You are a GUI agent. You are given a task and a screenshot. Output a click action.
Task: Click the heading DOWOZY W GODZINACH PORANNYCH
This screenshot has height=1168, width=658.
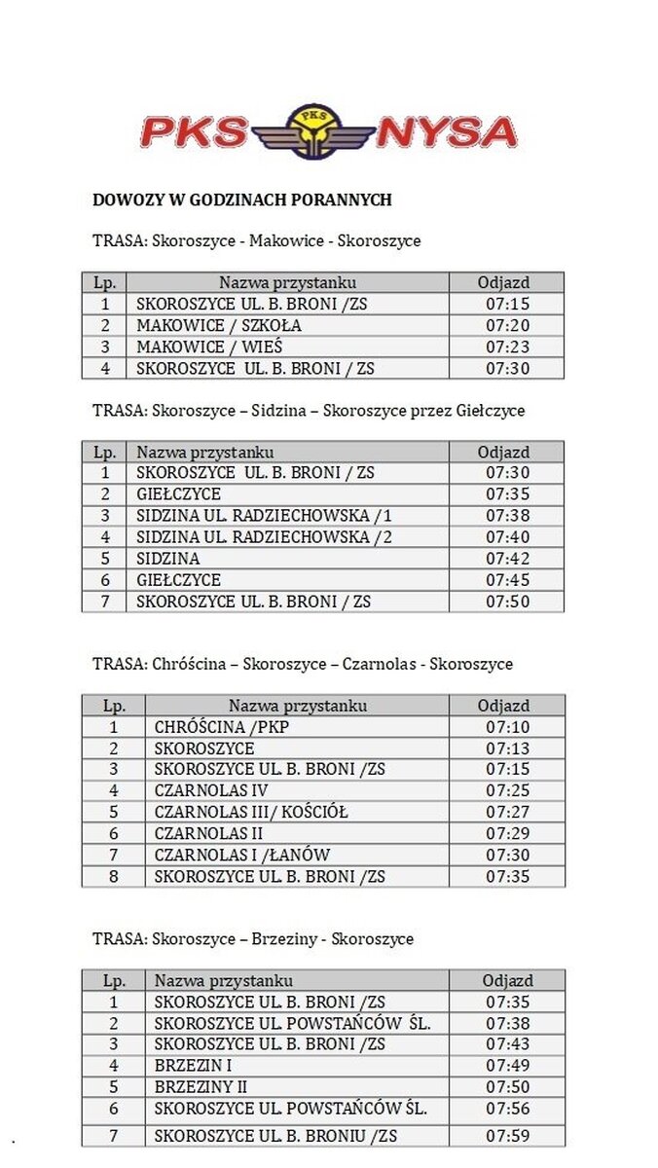[241, 201]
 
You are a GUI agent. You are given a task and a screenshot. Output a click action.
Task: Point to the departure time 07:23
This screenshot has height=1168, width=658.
[506, 347]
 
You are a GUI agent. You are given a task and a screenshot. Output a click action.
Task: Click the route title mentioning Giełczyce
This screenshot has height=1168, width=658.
[309, 411]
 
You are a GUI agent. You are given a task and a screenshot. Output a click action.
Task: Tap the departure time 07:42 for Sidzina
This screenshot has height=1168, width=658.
[506, 559]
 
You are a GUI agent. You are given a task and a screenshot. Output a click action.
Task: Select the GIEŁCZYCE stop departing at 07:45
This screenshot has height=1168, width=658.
[178, 580]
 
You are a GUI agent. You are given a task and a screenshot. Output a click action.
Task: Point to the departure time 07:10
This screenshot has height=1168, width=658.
[506, 727]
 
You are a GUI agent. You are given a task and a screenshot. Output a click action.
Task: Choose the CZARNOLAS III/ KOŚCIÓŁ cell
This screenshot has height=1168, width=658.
[250, 813]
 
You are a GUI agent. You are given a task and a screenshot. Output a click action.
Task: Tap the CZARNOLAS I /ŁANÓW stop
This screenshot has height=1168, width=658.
[242, 856]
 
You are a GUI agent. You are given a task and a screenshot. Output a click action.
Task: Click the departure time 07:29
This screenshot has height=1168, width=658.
[506, 834]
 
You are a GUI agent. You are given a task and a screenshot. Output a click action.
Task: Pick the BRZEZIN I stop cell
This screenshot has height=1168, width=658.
[193, 1066]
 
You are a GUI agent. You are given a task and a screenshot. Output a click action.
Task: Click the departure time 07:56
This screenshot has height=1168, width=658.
[506, 1109]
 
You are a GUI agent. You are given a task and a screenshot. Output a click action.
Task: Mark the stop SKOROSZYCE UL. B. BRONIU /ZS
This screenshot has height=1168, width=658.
[275, 1136]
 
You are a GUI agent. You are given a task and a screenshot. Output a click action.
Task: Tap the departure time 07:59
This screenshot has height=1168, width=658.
[506, 1136]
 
